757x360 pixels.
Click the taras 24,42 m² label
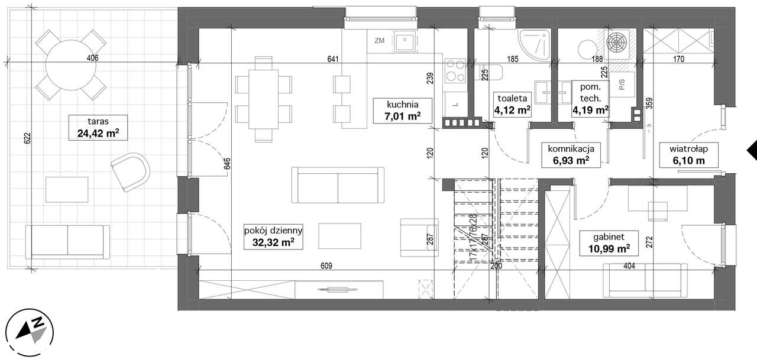tap(98, 127)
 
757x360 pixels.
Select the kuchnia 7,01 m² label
tap(403, 111)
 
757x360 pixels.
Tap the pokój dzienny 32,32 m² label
tap(273, 236)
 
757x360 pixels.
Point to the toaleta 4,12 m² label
tap(512, 105)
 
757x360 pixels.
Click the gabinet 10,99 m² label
tap(609, 243)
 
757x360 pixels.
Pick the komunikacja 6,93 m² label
tap(571, 155)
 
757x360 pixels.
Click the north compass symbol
tap(30, 333)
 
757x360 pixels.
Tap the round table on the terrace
tap(70, 65)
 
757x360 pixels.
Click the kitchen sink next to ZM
tap(405, 42)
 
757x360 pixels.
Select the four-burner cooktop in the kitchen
tap(455, 70)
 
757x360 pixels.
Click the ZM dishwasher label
tap(380, 41)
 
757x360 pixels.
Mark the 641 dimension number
tap(333, 59)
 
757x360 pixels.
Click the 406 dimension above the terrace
tap(92, 58)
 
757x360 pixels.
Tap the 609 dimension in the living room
tap(326, 266)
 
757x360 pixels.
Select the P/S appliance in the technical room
tap(622, 85)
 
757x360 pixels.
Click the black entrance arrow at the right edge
tap(752, 150)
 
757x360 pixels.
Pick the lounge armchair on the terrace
tap(131, 172)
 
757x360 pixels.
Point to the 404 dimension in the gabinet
tap(629, 266)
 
